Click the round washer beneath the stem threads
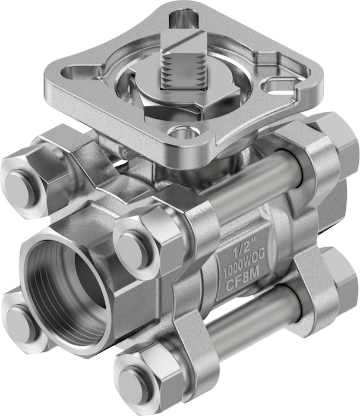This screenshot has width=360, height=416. [x=183, y=87]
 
